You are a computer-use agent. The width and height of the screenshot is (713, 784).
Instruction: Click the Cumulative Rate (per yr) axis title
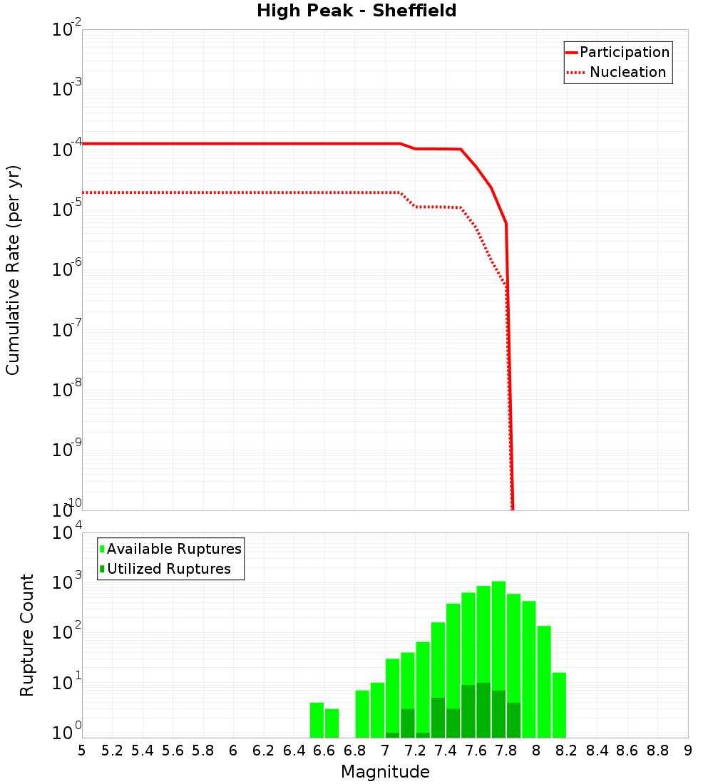[x=13, y=269]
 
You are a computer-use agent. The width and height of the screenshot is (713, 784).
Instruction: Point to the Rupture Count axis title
[x=27, y=635]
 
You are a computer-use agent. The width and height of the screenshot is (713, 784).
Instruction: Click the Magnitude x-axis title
[x=385, y=772]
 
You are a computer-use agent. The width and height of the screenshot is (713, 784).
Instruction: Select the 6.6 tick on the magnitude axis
[x=324, y=751]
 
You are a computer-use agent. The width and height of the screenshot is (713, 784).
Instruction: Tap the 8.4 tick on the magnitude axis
[x=597, y=751]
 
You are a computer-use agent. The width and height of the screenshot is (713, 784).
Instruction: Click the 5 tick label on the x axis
[x=82, y=751]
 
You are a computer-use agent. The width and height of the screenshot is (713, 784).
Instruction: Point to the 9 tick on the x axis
[x=688, y=751]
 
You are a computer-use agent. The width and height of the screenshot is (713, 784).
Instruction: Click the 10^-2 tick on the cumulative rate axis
[x=66, y=31]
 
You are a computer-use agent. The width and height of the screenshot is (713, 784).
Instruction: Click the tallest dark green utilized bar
[x=483, y=709]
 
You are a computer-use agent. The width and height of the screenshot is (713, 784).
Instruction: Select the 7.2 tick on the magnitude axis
[x=415, y=751]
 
